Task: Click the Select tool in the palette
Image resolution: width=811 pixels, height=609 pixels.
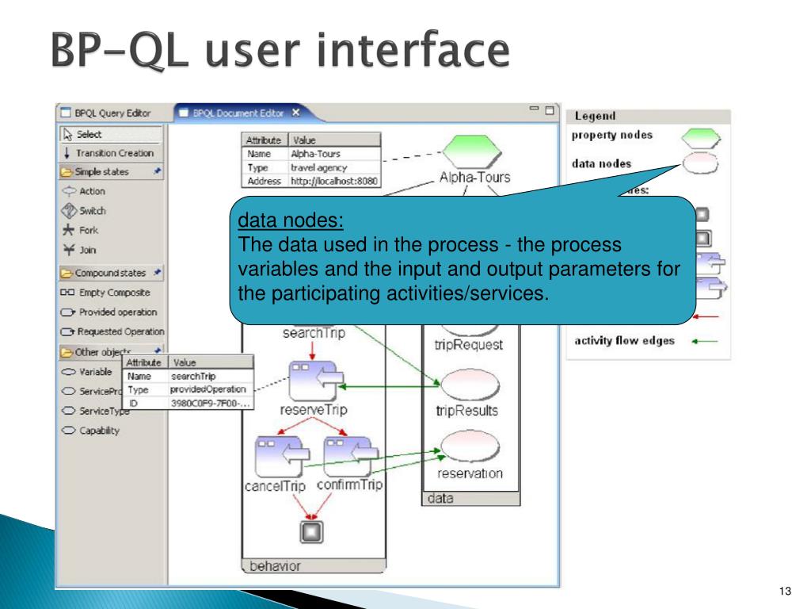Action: (89, 135)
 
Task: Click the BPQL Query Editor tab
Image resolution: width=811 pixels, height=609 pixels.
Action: (112, 113)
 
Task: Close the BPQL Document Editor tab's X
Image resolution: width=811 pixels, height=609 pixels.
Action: (296, 113)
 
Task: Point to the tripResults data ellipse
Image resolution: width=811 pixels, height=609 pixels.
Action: (466, 385)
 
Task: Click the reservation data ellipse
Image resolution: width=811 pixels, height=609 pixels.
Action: (470, 446)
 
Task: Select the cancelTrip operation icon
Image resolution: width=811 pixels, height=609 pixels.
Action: (275, 456)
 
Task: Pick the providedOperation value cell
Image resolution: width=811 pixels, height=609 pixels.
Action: (209, 390)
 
